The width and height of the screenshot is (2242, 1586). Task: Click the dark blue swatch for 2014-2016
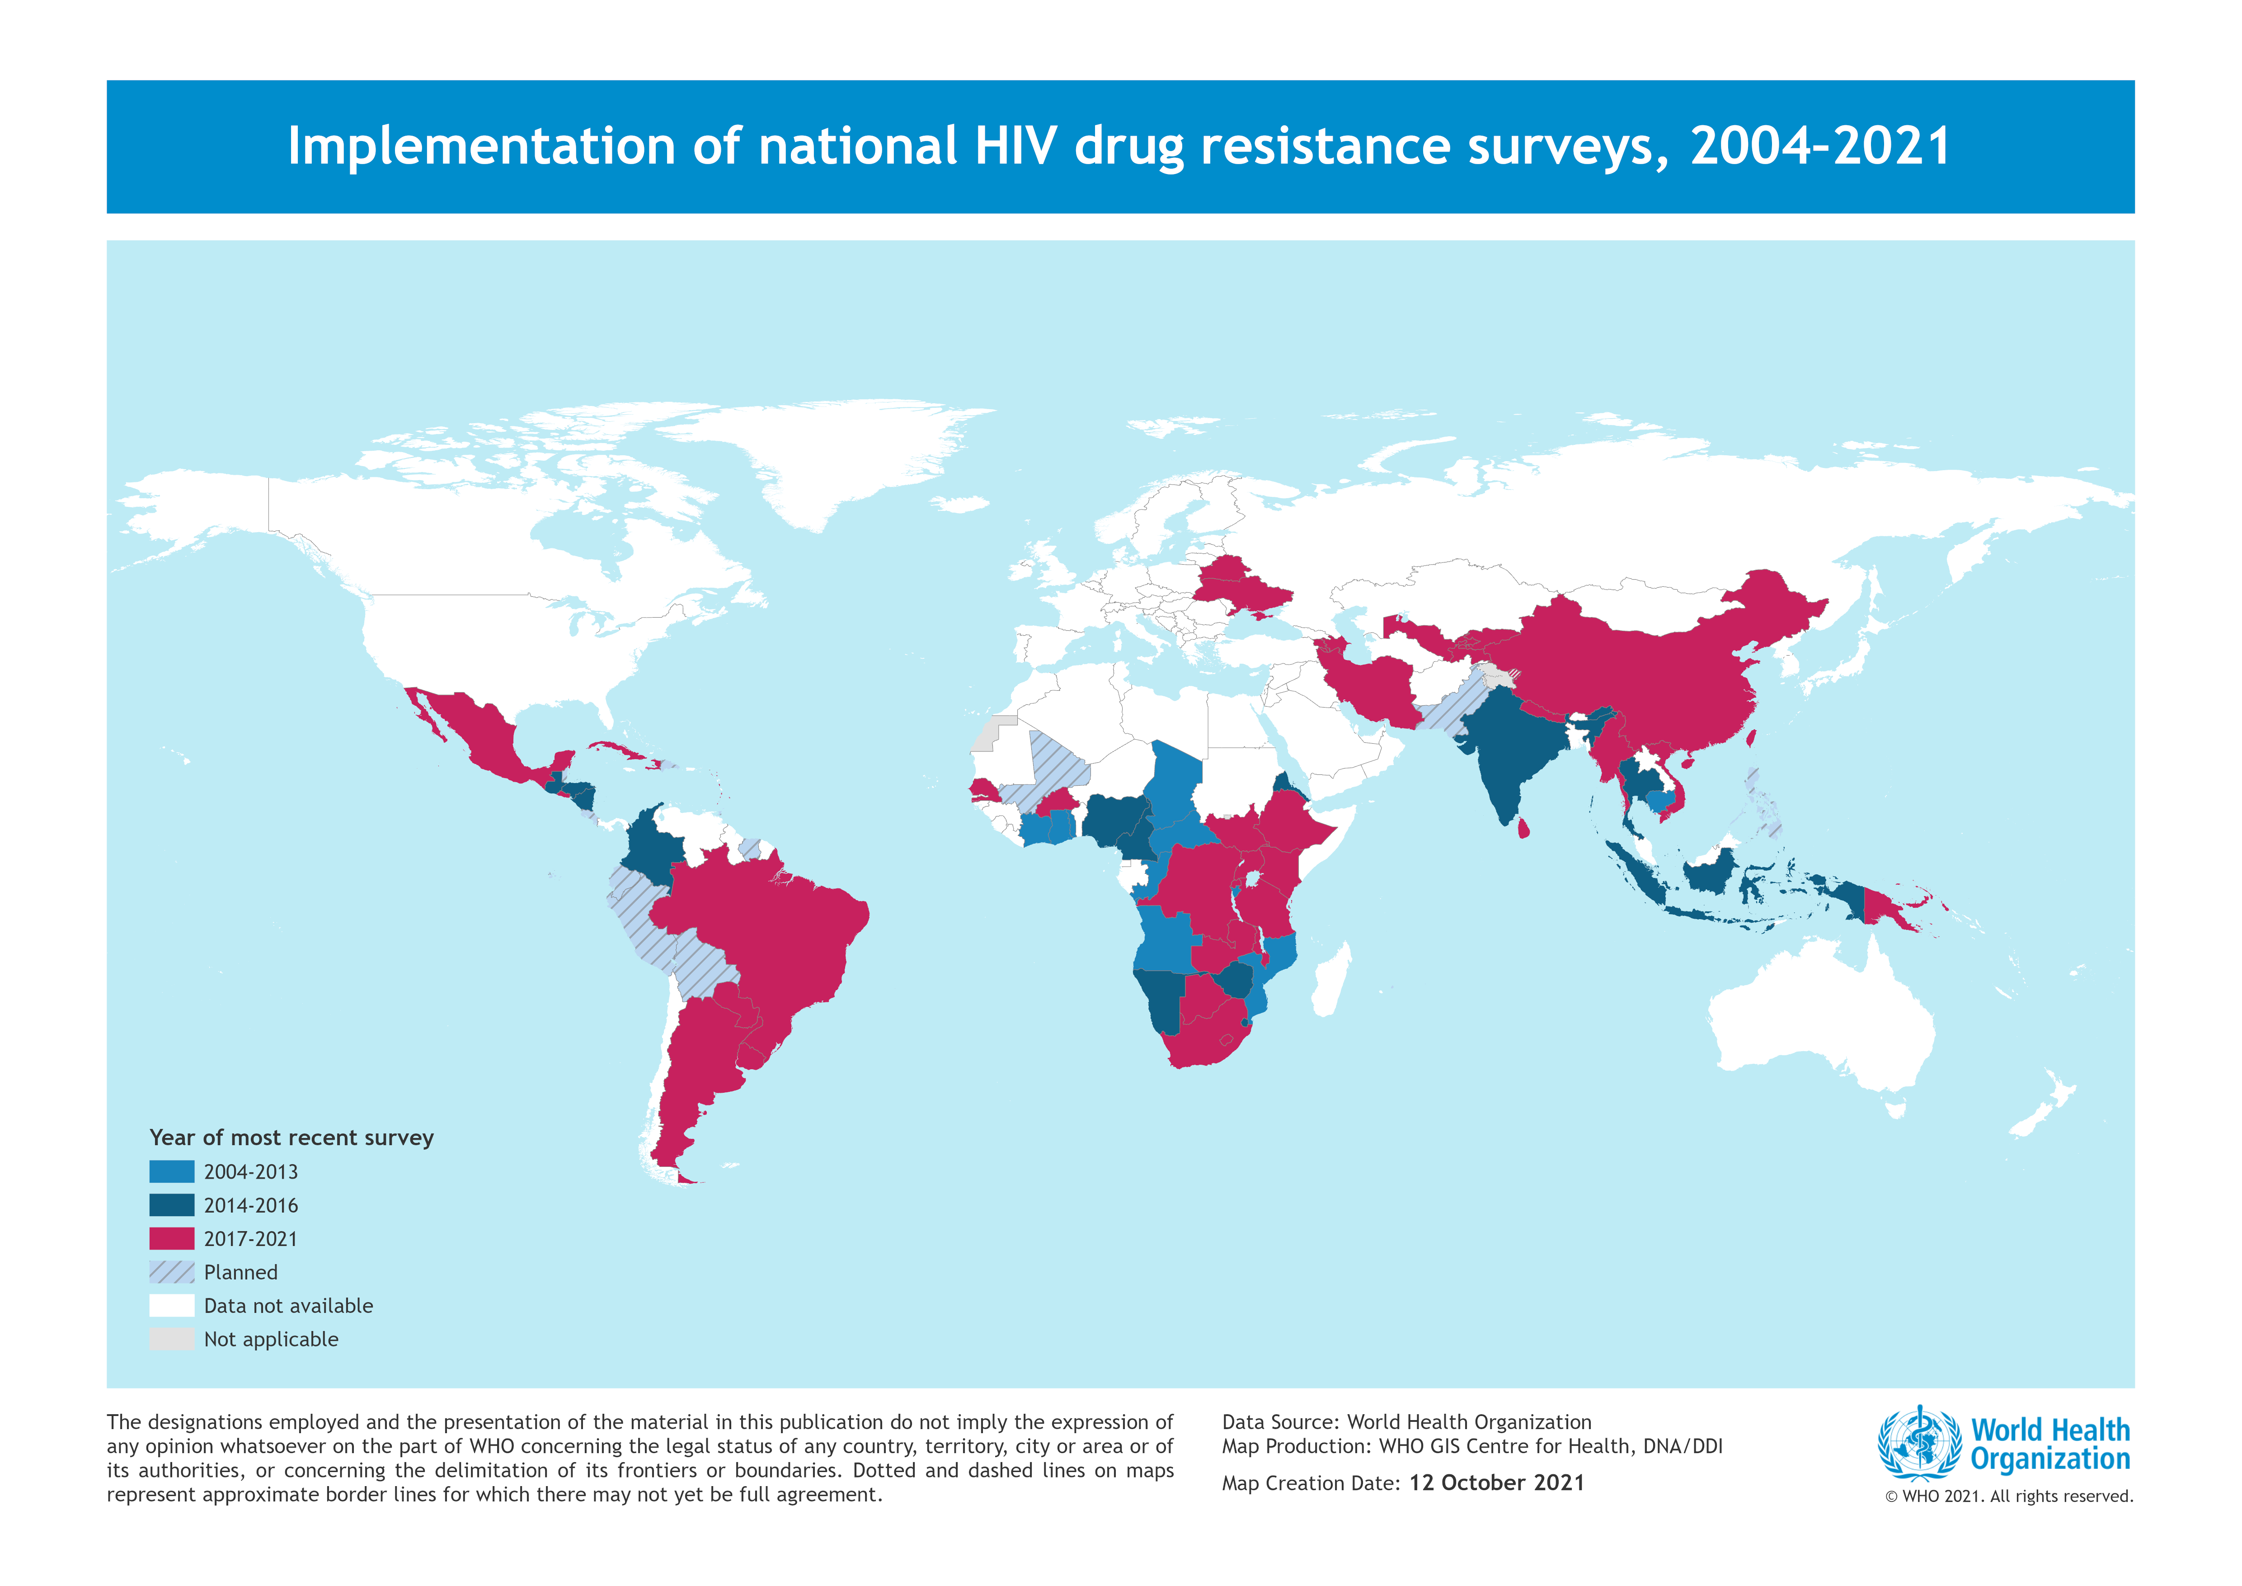pos(172,1205)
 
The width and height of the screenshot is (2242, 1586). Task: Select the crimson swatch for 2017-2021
pos(172,1238)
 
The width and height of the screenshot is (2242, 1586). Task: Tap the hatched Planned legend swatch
pos(172,1271)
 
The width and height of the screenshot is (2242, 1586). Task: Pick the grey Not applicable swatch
pos(172,1339)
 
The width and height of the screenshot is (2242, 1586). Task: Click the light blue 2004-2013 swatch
pos(172,1171)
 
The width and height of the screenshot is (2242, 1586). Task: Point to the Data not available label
pos(288,1306)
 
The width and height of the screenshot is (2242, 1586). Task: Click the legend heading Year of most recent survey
pos(291,1138)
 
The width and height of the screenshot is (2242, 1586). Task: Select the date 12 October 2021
pos(1496,1482)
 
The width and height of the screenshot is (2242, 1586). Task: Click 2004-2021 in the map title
pos(1820,146)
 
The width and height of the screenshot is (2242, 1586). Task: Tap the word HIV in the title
pos(1015,146)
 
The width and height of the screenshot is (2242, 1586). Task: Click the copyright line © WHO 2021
pos(2009,1496)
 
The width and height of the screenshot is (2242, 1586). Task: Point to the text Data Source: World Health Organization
pos(1406,1422)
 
